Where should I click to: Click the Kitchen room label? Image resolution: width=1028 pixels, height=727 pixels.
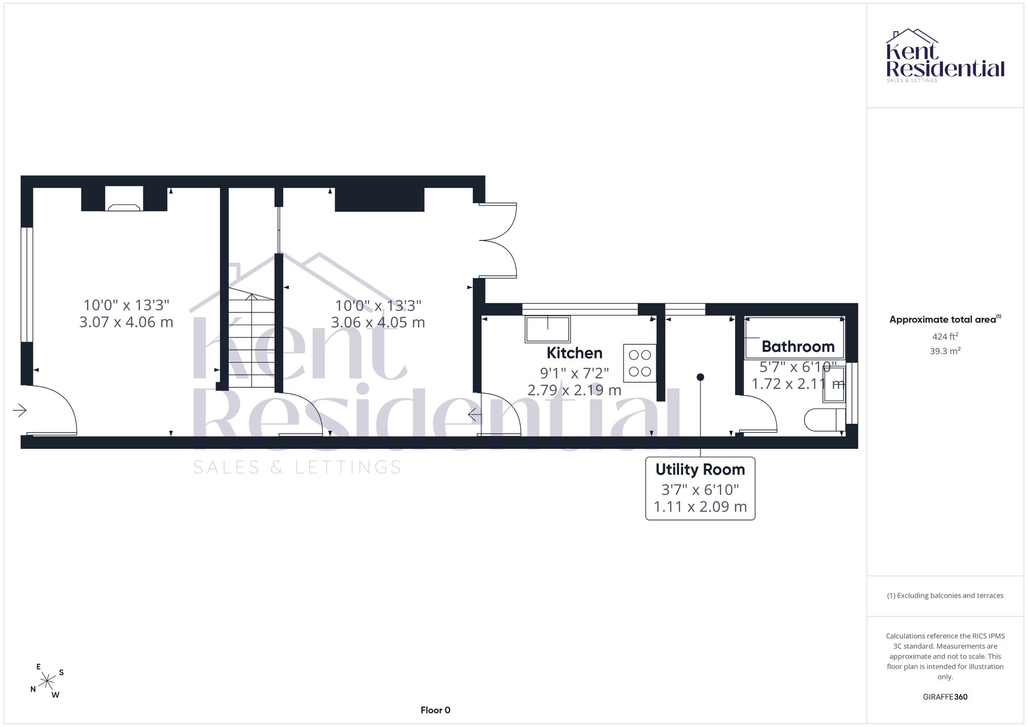pyautogui.click(x=574, y=353)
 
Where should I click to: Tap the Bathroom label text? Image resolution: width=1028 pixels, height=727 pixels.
pyautogui.click(x=798, y=347)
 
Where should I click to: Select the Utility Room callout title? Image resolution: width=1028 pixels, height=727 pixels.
pyautogui.click(x=700, y=470)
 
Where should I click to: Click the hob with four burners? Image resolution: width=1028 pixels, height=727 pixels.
pyautogui.click(x=640, y=363)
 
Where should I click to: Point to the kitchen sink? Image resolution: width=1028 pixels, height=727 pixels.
pyautogui.click(x=547, y=329)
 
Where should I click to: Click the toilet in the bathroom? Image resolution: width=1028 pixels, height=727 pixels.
pyautogui.click(x=824, y=420)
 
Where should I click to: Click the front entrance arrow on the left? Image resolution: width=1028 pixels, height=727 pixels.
pyautogui.click(x=20, y=410)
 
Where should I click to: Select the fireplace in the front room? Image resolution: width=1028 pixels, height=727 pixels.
pyautogui.click(x=124, y=199)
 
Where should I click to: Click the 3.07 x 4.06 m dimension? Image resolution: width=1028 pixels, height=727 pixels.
pyautogui.click(x=126, y=322)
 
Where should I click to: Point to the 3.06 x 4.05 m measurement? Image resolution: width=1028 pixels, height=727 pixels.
pyautogui.click(x=378, y=323)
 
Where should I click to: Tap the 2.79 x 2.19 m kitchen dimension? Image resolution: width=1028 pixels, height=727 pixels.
pyautogui.click(x=574, y=390)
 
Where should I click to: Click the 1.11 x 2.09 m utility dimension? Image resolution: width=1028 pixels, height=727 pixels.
pyautogui.click(x=700, y=507)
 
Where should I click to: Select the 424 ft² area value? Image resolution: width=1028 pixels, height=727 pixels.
pyautogui.click(x=945, y=337)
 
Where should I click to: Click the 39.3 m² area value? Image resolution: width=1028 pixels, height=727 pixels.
pyautogui.click(x=945, y=351)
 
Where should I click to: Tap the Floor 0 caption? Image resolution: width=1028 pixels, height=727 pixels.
pyautogui.click(x=435, y=711)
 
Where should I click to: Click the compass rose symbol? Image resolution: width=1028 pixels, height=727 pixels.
pyautogui.click(x=47, y=681)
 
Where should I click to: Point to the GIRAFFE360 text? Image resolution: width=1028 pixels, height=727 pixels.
pyautogui.click(x=945, y=697)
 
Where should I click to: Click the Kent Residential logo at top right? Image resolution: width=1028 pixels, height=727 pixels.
pyautogui.click(x=945, y=55)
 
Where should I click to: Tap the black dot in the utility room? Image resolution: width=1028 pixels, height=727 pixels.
pyautogui.click(x=700, y=377)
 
